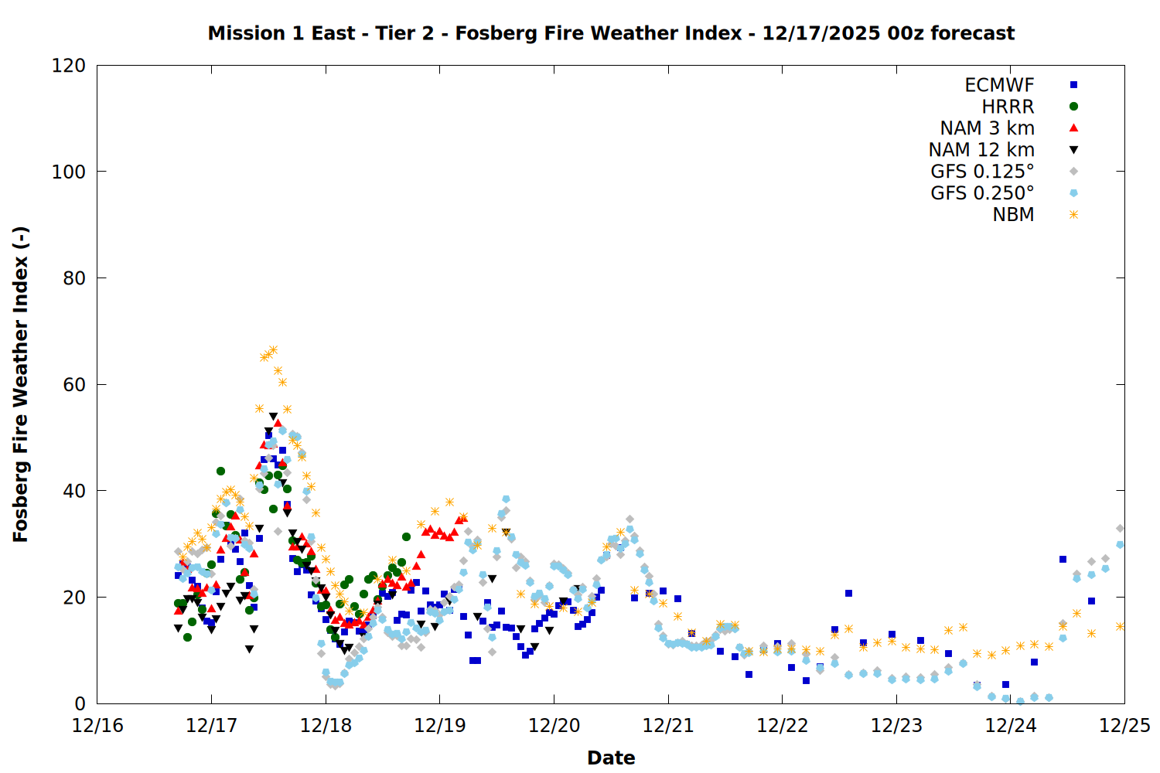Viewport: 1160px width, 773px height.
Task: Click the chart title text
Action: click(611, 33)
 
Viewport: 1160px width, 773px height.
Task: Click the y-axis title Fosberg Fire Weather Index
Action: click(20, 384)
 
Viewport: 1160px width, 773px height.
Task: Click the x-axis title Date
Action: click(611, 758)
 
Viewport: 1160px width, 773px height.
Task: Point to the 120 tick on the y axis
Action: click(69, 66)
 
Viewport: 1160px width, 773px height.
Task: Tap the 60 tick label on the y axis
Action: click(73, 384)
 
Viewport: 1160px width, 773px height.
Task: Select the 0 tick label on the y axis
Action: click(80, 703)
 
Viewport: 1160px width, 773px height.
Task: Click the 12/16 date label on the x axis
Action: click(97, 726)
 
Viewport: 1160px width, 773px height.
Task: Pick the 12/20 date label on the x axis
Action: click(554, 726)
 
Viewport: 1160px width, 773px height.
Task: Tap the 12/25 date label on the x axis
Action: click(1124, 726)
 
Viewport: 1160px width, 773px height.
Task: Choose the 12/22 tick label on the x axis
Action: click(782, 726)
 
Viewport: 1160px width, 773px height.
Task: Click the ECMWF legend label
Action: click(999, 85)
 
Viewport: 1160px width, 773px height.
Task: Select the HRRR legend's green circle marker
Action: click(1073, 107)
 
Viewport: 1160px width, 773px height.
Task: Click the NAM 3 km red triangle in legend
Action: click(1073, 128)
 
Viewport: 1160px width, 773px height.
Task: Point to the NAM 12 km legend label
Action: click(981, 150)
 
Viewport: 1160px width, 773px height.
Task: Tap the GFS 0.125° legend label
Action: click(982, 172)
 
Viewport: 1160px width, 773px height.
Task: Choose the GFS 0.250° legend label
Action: click(982, 193)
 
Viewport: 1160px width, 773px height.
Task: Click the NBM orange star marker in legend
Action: click(1073, 215)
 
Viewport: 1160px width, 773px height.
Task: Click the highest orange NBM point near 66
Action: click(273, 350)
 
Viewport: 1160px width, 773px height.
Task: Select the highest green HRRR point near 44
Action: click(220, 471)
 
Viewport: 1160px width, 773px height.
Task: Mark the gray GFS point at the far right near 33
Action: click(1120, 529)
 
